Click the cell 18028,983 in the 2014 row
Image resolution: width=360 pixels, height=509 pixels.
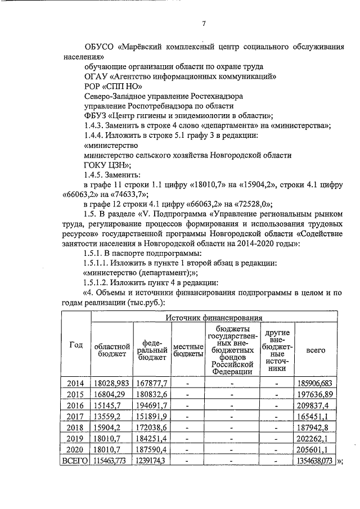(x=111, y=383)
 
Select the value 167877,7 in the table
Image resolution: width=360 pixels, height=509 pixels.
(x=150, y=383)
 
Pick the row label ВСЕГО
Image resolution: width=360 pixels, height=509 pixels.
(x=75, y=460)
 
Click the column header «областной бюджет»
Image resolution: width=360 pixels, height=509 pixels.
(x=111, y=350)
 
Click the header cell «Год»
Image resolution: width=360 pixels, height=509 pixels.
(x=75, y=345)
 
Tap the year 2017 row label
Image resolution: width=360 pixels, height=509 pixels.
(x=75, y=416)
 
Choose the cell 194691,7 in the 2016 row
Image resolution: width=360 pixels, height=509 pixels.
(x=150, y=405)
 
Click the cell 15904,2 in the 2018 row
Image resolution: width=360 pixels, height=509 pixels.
(x=111, y=427)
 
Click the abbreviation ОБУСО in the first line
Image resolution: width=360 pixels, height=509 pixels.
(x=98, y=46)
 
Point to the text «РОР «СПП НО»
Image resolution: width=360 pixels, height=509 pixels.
(x=105, y=86)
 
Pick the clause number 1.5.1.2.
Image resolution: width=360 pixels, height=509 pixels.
(x=98, y=282)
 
